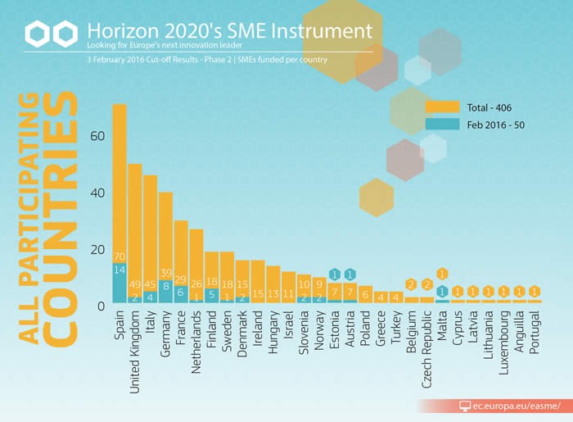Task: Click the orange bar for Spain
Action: tap(120, 180)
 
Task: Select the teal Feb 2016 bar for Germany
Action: tap(165, 291)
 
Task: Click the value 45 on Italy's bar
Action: tap(151, 285)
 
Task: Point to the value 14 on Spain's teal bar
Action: tap(120, 270)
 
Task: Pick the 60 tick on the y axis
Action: tap(97, 137)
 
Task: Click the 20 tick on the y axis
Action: tap(97, 250)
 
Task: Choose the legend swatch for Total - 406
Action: tap(442, 107)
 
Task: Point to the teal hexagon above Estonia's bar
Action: tap(335, 275)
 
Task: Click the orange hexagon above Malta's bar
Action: tap(442, 275)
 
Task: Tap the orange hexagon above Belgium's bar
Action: tap(412, 284)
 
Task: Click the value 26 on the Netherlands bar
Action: tap(196, 285)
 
